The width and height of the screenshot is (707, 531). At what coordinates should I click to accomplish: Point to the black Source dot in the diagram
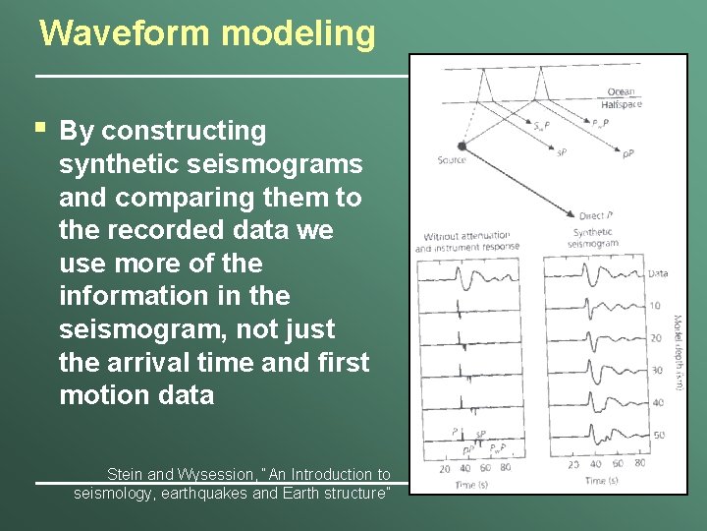click(x=462, y=146)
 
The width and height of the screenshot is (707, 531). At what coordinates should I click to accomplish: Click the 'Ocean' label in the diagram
click(x=621, y=92)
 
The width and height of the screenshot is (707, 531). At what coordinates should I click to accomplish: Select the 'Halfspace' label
click(x=621, y=104)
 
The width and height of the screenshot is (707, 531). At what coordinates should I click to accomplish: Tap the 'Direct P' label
click(x=597, y=214)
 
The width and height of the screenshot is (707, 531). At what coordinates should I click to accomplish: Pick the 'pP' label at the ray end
click(x=627, y=152)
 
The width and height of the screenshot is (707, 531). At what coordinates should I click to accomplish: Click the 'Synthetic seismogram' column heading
click(x=595, y=238)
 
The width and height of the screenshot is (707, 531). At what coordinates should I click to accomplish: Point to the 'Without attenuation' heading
click(x=466, y=236)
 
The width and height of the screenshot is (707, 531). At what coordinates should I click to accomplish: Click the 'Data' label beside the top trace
click(x=658, y=273)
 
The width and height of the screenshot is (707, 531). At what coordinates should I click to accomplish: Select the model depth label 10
click(x=656, y=306)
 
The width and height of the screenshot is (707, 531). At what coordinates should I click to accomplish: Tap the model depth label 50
click(x=658, y=435)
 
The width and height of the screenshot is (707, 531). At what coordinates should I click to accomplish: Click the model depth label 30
click(x=657, y=371)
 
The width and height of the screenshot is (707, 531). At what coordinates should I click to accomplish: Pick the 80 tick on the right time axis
click(x=639, y=464)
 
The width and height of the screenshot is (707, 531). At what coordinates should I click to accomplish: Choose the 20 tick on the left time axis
click(x=445, y=469)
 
